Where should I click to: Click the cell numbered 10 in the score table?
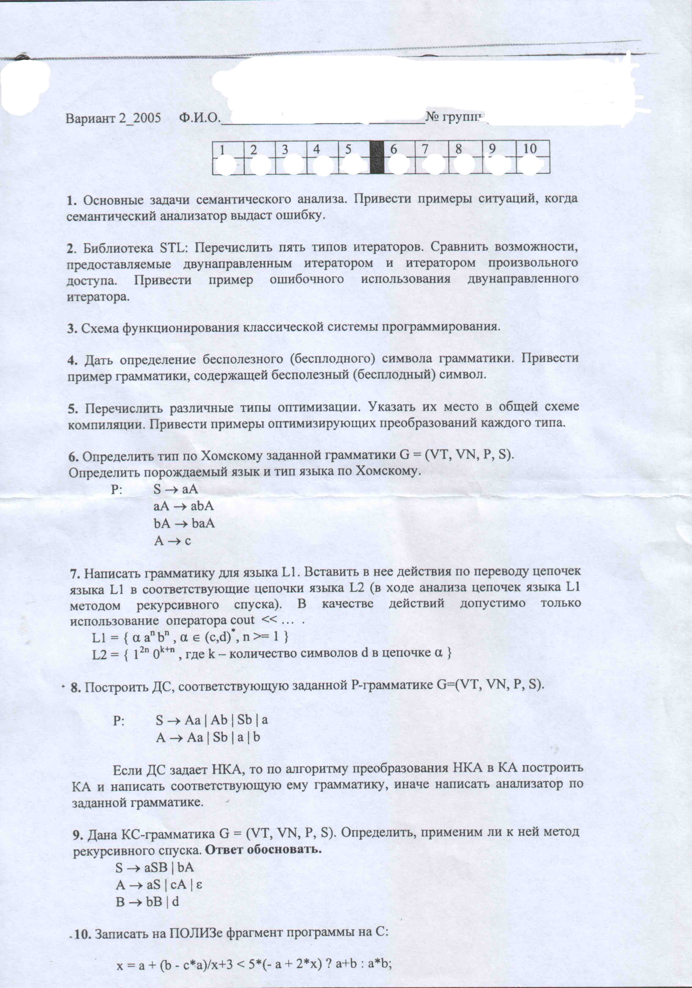(533, 157)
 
